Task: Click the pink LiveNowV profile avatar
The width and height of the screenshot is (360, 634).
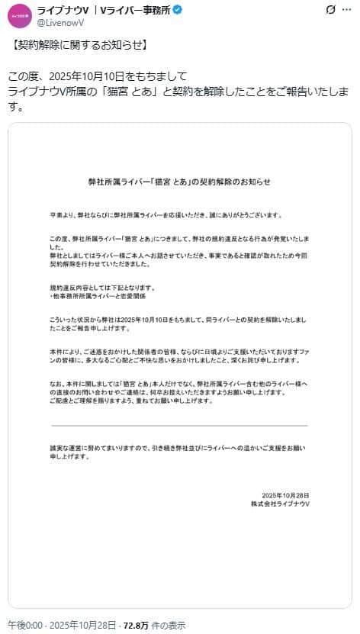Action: (19, 15)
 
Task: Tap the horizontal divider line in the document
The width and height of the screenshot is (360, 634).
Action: (179, 425)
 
